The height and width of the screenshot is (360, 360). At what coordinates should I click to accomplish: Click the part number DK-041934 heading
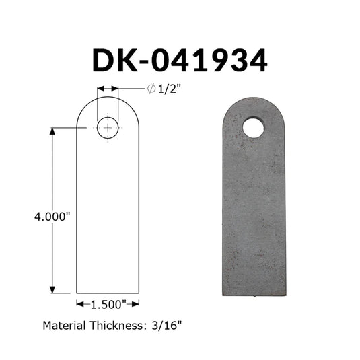tap(180, 61)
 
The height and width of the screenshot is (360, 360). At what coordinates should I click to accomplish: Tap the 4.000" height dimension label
tap(52, 217)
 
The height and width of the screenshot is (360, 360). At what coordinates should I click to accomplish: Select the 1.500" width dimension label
tap(109, 305)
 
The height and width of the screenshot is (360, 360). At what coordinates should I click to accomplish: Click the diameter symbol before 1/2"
tap(151, 89)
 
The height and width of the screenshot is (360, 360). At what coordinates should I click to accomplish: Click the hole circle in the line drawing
tap(108, 117)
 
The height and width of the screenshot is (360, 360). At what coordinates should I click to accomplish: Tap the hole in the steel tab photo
tap(254, 128)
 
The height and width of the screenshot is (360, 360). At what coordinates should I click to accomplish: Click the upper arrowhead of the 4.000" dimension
tap(52, 131)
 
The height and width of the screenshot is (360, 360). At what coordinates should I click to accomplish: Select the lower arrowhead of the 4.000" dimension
tap(52, 290)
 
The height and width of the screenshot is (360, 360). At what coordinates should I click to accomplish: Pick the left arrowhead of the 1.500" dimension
tap(80, 304)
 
